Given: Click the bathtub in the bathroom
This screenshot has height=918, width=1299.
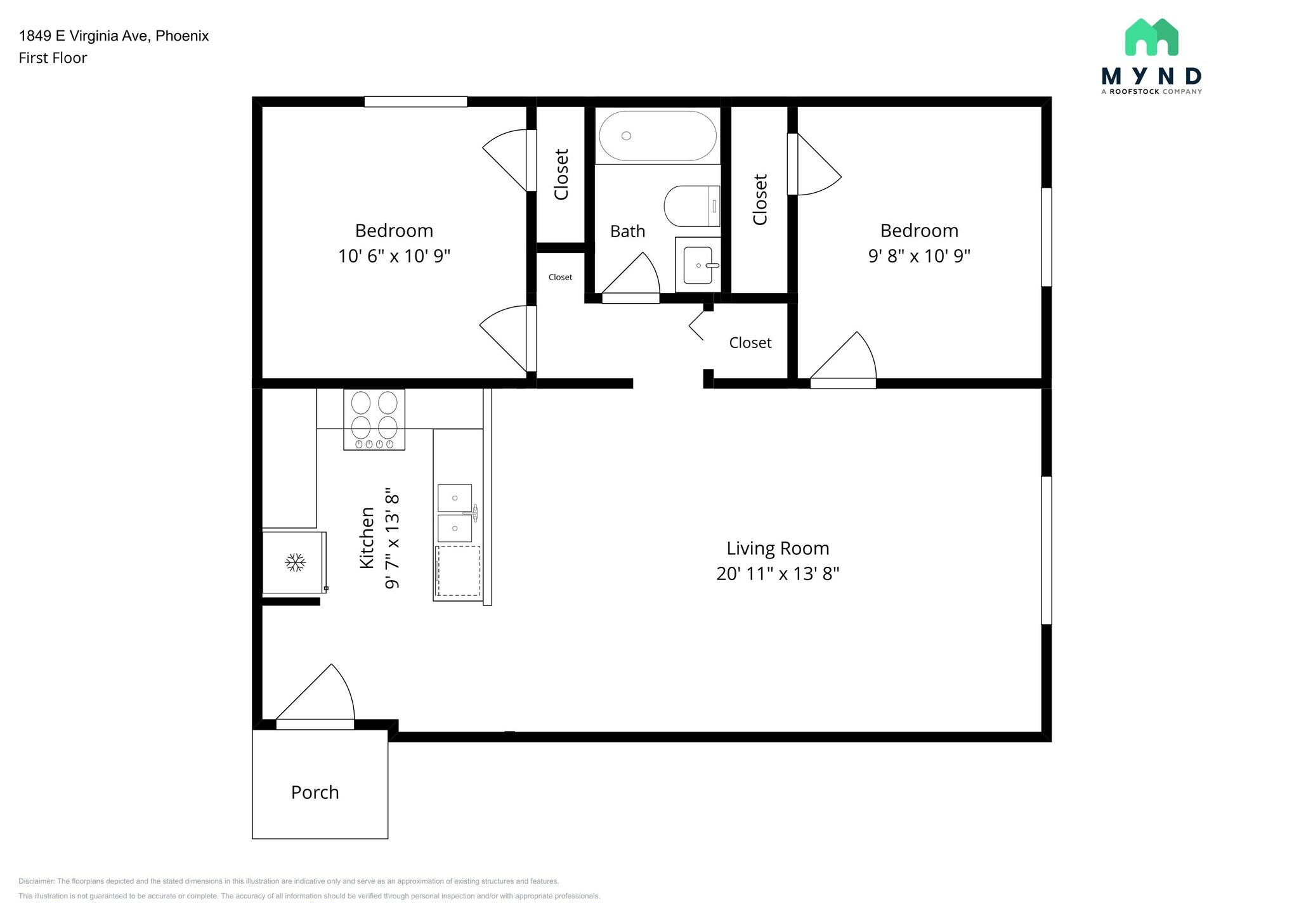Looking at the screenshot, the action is tap(658, 136).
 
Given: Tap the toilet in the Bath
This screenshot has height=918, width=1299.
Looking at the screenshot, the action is tap(692, 206).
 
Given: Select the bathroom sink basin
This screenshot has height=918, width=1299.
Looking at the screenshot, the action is tap(698, 265).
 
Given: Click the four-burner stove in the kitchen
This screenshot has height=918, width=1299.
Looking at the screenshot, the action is tap(374, 420).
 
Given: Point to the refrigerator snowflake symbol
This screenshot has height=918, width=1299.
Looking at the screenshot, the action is tap(295, 562).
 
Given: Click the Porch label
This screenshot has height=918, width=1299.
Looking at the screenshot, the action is tap(315, 792).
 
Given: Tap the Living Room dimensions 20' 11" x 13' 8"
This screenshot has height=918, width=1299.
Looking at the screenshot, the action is tap(778, 574).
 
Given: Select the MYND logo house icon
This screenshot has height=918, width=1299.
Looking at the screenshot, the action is tap(1152, 37).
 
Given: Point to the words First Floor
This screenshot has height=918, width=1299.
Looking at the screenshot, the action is tap(53, 58).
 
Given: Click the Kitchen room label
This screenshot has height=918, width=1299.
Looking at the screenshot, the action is tap(367, 538).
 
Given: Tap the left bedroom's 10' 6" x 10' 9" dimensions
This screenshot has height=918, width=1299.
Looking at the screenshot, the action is tap(394, 256).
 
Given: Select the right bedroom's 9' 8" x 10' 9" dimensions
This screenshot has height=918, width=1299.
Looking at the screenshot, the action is tap(919, 256).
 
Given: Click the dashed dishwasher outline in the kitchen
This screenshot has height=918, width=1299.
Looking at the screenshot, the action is tap(459, 571).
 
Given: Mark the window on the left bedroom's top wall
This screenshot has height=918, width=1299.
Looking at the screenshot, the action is tap(415, 101).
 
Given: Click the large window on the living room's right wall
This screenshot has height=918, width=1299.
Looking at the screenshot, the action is tap(1047, 550).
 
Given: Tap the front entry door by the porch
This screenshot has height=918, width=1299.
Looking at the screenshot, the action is tap(315, 725).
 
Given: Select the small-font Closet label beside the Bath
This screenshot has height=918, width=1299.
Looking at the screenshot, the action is tap(561, 277).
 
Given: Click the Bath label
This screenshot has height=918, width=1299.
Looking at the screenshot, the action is tap(628, 231).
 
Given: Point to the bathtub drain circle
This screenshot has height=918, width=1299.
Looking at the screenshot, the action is tap(627, 136).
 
